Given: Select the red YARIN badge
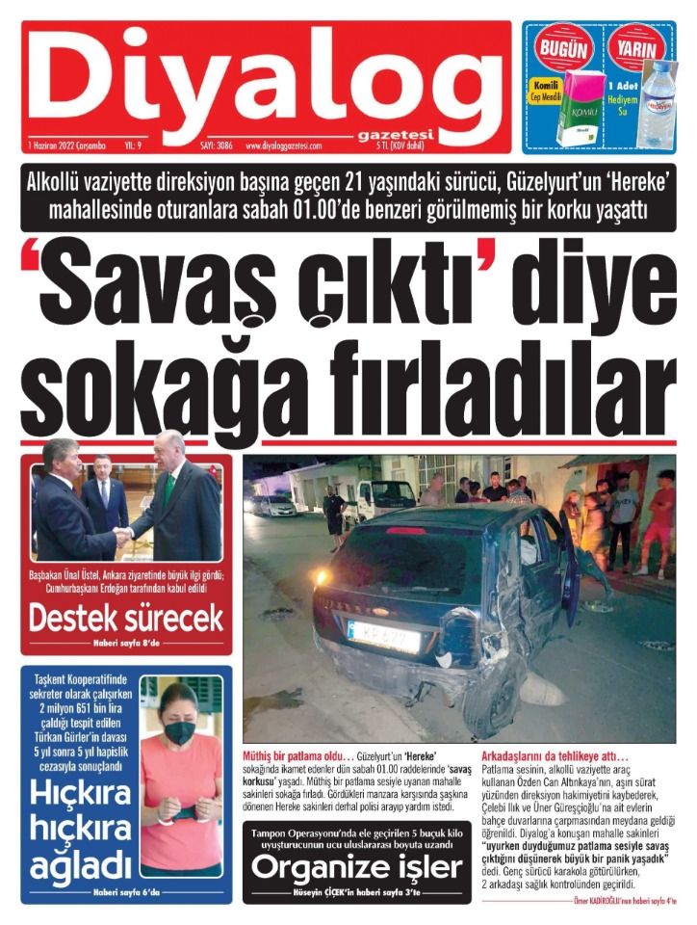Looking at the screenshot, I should click(637, 49).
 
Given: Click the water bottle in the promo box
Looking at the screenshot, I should click(658, 101).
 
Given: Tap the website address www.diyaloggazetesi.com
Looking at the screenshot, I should click(284, 145).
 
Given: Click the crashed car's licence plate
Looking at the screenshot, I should click(383, 635).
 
